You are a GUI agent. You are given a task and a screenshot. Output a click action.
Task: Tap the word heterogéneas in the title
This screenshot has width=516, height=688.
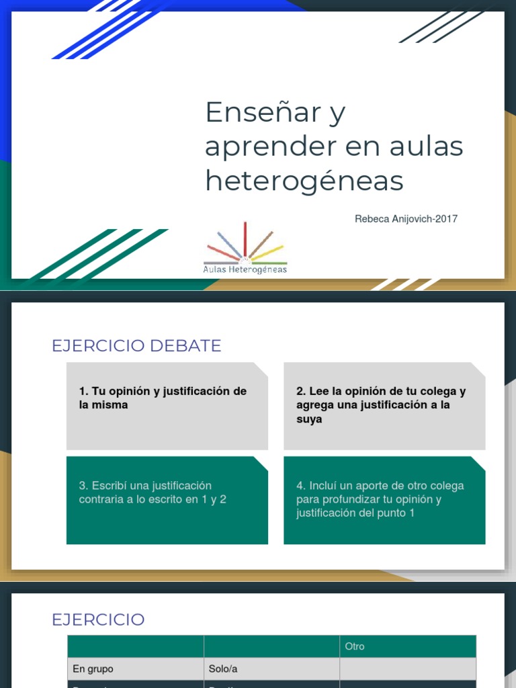point(304,181)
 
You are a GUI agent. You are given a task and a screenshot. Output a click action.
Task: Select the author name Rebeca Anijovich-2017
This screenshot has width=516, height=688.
point(406,219)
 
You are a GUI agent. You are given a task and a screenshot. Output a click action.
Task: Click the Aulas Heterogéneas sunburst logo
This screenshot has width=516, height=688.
point(245,248)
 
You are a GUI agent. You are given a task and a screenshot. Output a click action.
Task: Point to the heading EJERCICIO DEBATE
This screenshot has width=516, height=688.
point(136,346)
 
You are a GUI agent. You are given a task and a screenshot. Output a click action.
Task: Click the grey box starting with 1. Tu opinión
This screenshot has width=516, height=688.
point(167,406)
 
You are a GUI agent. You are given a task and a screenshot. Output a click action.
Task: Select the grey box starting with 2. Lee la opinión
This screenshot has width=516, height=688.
point(384,406)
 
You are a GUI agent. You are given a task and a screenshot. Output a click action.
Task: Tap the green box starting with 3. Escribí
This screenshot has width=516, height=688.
point(167,500)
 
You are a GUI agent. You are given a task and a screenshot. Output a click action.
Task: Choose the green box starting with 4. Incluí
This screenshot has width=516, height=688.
point(384,500)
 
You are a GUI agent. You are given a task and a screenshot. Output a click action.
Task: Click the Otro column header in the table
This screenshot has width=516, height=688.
point(355,646)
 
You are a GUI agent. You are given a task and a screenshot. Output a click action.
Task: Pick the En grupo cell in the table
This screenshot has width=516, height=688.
point(93,669)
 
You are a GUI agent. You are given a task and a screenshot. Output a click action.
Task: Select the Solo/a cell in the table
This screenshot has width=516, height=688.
point(222,669)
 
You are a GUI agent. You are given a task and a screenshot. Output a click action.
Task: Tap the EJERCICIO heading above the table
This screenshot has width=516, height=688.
point(98,619)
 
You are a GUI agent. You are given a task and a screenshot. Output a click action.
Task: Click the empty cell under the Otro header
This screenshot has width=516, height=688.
point(407,669)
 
